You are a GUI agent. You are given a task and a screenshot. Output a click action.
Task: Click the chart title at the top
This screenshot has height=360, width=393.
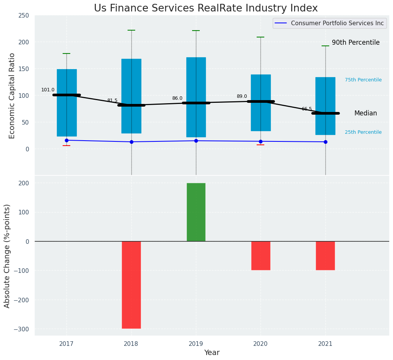tap(205, 8)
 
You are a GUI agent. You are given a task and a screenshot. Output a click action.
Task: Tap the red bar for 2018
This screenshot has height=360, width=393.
tap(131, 285)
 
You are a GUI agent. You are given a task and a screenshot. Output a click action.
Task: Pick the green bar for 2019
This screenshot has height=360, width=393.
tap(196, 212)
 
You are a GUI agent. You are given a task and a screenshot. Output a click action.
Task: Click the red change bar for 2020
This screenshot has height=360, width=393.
tap(261, 256)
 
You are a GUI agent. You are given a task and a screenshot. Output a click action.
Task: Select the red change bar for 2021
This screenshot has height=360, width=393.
tap(325, 256)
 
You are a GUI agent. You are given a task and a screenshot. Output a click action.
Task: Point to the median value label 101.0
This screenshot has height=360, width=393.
tap(48, 90)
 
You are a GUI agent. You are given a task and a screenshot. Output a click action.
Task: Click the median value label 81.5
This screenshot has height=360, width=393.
tap(112, 101)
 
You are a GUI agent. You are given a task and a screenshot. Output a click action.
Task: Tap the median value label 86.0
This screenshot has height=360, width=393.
tap(177, 99)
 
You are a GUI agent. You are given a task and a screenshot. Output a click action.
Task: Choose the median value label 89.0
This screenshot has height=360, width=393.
tap(242, 97)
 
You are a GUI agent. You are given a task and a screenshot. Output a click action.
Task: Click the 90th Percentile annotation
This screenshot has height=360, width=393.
tap(356, 43)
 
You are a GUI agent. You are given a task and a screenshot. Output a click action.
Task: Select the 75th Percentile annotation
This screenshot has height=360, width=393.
tap(363, 80)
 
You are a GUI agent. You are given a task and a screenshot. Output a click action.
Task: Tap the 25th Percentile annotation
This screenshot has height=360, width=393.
tap(363, 133)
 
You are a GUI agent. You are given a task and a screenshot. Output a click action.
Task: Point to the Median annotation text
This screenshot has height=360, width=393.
tap(366, 114)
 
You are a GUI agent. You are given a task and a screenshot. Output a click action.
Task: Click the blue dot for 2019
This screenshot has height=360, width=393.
tap(196, 141)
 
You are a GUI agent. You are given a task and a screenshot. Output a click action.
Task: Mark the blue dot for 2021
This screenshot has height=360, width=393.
tap(325, 142)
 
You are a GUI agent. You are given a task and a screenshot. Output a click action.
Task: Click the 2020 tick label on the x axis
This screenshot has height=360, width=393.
tap(260, 344)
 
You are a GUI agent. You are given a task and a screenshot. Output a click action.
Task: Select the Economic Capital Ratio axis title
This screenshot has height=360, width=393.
tap(12, 96)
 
